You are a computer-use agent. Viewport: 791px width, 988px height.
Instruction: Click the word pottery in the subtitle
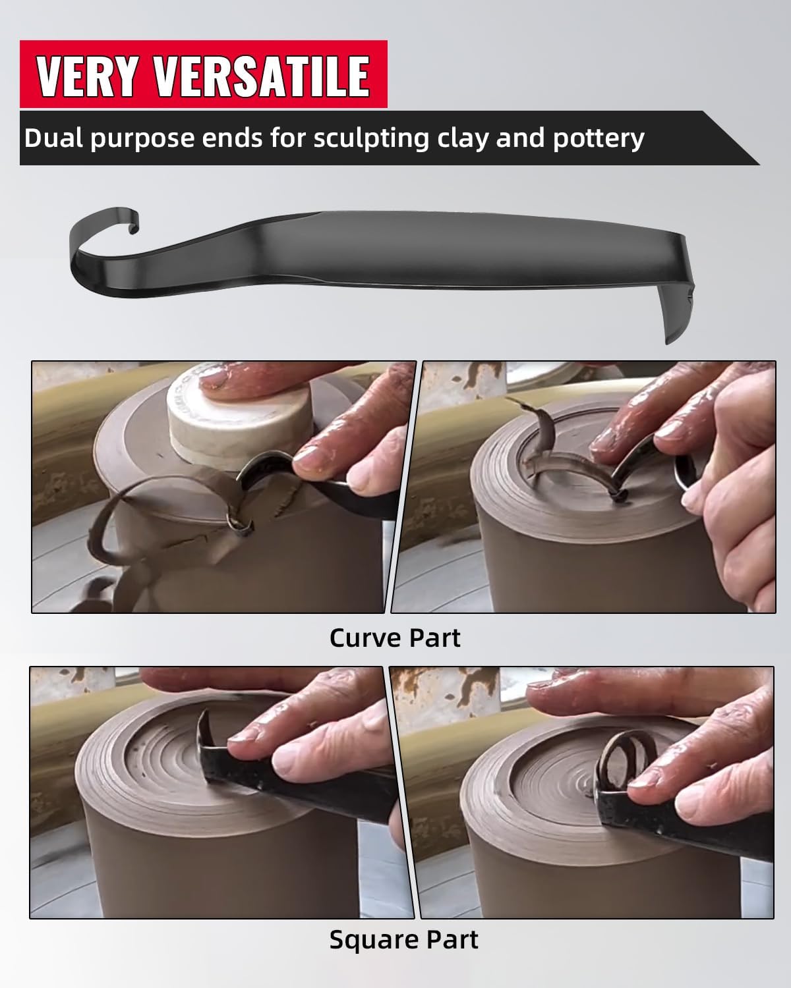pos(599,139)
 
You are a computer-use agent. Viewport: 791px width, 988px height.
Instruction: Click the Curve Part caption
pos(395,638)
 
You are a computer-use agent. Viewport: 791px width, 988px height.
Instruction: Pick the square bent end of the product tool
pos(678,303)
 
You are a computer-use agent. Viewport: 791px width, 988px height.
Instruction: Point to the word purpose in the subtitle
pos(142,140)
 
